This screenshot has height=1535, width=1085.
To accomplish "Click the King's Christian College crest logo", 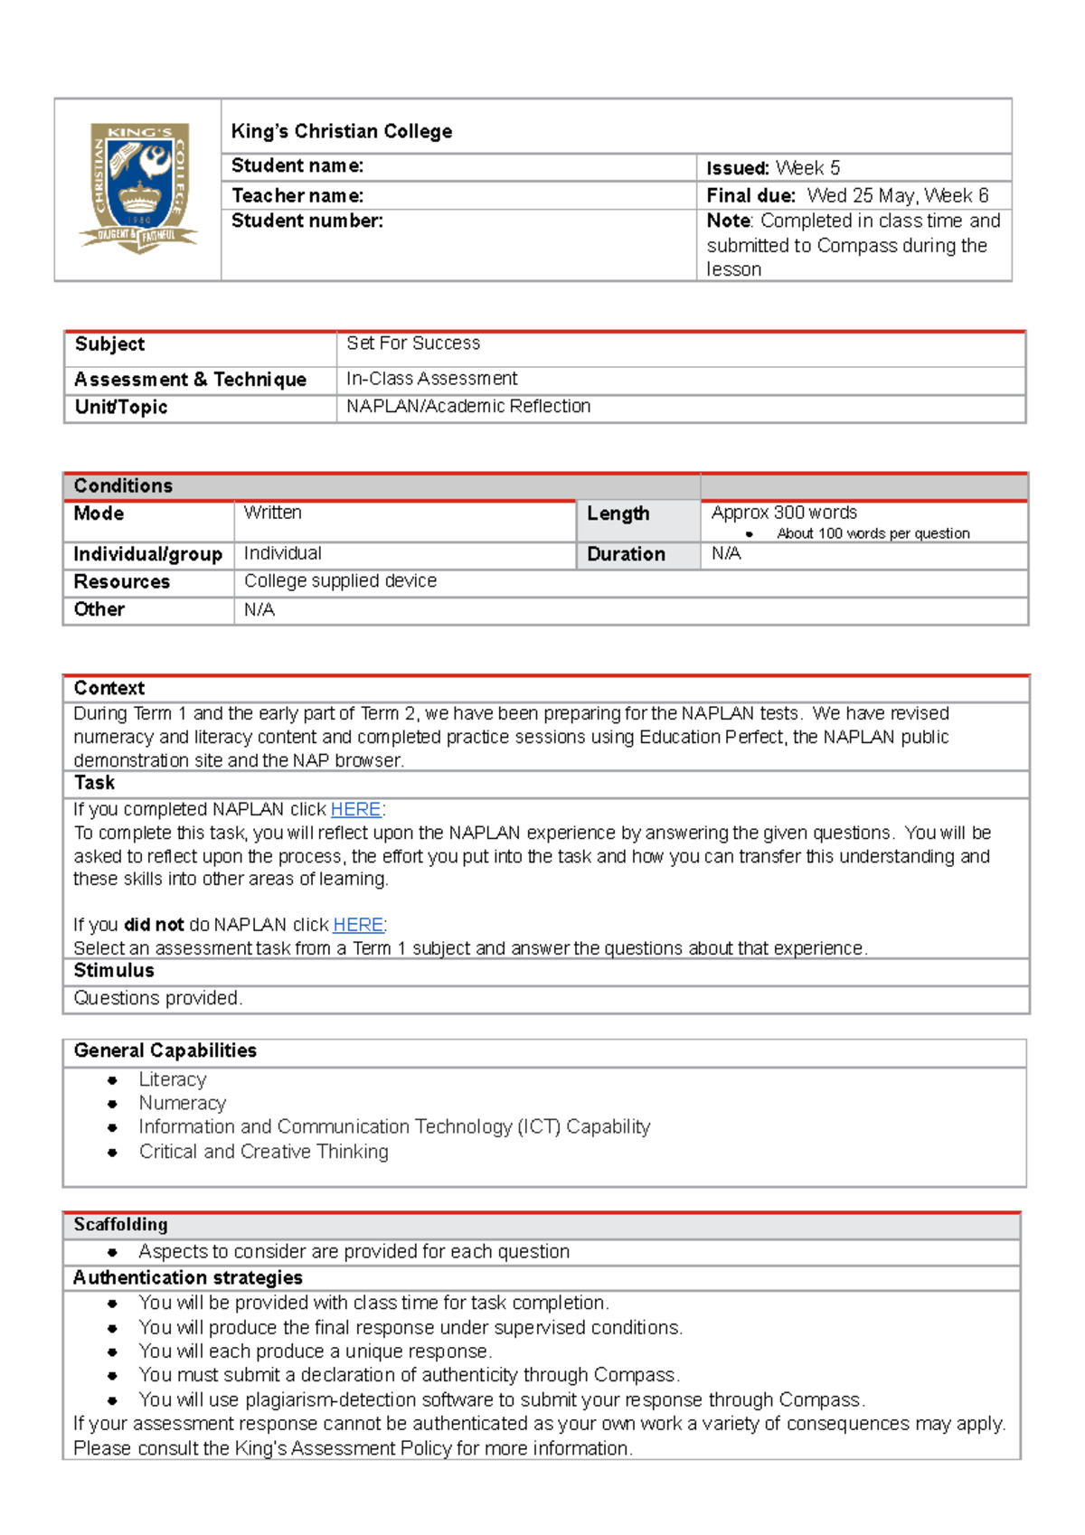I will pyautogui.click(x=140, y=188).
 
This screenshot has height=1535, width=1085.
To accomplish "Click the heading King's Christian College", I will pyautogui.click(x=341, y=131).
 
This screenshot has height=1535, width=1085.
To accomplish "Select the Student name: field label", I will pyautogui.click(x=297, y=165).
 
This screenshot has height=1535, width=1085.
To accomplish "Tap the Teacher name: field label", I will pyautogui.click(x=297, y=195).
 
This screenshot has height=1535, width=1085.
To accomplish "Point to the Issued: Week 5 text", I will pyautogui.click(x=773, y=168).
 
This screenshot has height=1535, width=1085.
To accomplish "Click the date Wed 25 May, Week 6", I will pyautogui.click(x=897, y=195).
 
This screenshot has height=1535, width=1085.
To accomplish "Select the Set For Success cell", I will pyautogui.click(x=413, y=344).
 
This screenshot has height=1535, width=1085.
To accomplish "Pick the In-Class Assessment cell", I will pyautogui.click(x=431, y=379).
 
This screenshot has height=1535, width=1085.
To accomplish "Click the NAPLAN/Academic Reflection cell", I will pyautogui.click(x=467, y=407).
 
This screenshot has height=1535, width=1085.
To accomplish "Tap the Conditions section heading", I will pyautogui.click(x=123, y=485).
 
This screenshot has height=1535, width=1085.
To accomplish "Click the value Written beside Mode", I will pyautogui.click(x=272, y=513).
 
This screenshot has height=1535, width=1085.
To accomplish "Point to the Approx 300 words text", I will pyautogui.click(x=784, y=513).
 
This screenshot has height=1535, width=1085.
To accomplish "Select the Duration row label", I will pyautogui.click(x=626, y=554).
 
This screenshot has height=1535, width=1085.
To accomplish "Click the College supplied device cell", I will pyautogui.click(x=340, y=581).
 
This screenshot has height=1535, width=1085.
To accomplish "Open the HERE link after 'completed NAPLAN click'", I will pyautogui.click(x=355, y=810).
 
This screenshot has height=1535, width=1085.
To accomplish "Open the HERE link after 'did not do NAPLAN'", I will pyautogui.click(x=358, y=925).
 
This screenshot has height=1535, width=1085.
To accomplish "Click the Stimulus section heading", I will pyautogui.click(x=114, y=971).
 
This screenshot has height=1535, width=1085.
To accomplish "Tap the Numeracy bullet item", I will pyautogui.click(x=182, y=1103).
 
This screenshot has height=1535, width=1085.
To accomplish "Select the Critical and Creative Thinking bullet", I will pyautogui.click(x=263, y=1152).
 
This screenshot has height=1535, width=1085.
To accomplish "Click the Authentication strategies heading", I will pyautogui.click(x=188, y=1277).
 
